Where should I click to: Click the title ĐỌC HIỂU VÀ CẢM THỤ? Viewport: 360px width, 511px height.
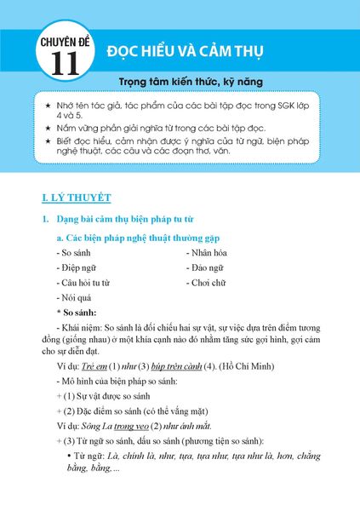click(185, 51)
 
